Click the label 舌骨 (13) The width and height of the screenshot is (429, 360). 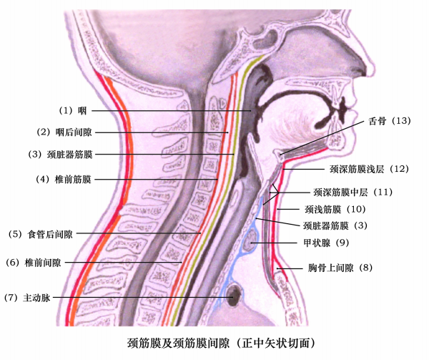[390, 121]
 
